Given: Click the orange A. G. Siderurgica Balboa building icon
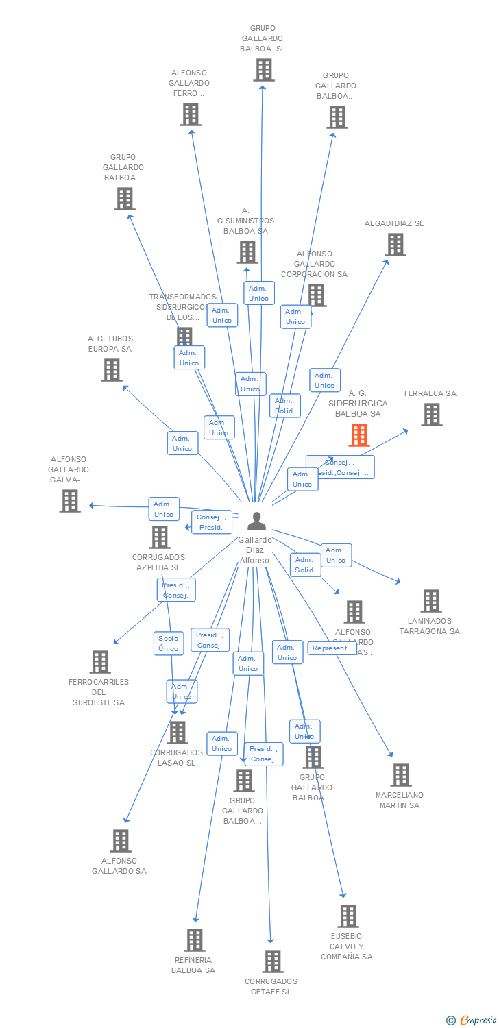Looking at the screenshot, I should pyautogui.click(x=359, y=435).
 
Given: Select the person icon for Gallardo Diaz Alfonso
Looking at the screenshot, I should pyautogui.click(x=256, y=522).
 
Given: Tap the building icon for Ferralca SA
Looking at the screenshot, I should pyautogui.click(x=431, y=414).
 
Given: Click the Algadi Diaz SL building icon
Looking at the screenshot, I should pyautogui.click(x=395, y=245).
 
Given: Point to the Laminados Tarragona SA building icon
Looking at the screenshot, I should pyautogui.click(x=430, y=601).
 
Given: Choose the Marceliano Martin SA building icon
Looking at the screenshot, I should pyautogui.click(x=400, y=775).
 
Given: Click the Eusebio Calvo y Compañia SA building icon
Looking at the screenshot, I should pyautogui.click(x=348, y=916).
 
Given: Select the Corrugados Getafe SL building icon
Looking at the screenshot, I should pyautogui.click(x=272, y=962).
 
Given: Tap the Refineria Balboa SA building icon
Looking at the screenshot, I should pyautogui.click(x=195, y=940).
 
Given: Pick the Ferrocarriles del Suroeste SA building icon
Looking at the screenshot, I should pyautogui.click(x=100, y=662).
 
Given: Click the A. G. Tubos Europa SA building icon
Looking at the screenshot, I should pyautogui.click(x=111, y=370).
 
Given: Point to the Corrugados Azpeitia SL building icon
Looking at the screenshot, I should pyautogui.click(x=160, y=537).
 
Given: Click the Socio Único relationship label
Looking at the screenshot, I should pyautogui.click(x=169, y=644).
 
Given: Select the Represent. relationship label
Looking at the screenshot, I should pyautogui.click(x=332, y=648).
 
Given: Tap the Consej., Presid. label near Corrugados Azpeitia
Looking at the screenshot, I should pyautogui.click(x=211, y=522).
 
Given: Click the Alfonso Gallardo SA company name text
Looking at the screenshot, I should pyautogui.click(x=119, y=866).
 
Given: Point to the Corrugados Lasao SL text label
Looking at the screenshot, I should pyautogui.click(x=177, y=758).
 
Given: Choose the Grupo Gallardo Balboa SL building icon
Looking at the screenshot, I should pyautogui.click(x=263, y=70).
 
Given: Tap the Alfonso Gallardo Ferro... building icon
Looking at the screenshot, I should pyautogui.click(x=191, y=114).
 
